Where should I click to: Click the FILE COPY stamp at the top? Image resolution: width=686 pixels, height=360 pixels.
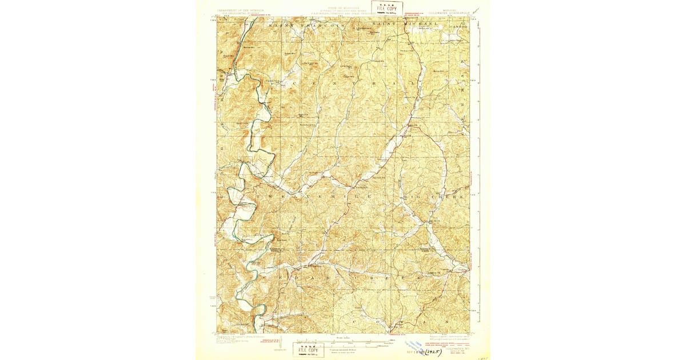pos(386,7)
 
